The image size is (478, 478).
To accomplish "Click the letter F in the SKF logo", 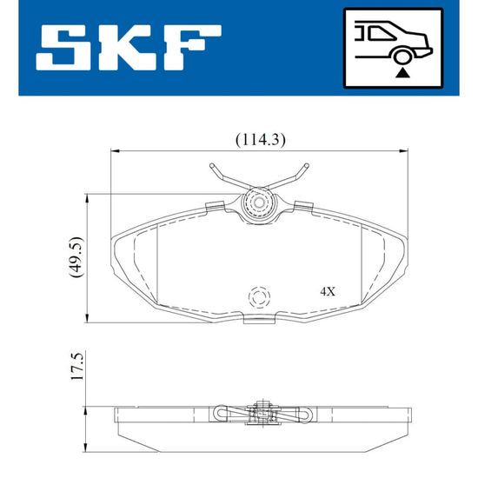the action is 192,47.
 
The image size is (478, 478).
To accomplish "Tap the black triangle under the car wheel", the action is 402,74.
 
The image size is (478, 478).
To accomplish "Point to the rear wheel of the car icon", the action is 402,56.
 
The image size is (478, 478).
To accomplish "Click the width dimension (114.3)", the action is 261,140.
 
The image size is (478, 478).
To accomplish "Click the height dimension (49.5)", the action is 76,256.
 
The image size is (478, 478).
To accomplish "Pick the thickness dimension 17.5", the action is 76,367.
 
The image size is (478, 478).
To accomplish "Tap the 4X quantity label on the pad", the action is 328,292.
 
